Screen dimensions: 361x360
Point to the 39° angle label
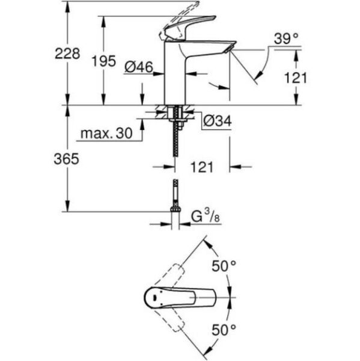pos(286,39)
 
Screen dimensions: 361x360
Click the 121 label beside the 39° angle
pos(295,77)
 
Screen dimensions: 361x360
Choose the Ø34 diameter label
pos(217,121)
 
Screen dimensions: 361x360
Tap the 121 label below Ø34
pos(202,167)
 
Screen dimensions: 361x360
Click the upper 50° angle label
pos(223,266)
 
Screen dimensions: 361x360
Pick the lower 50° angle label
pos(223,329)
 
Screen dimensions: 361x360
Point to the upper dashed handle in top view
pos(174,276)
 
